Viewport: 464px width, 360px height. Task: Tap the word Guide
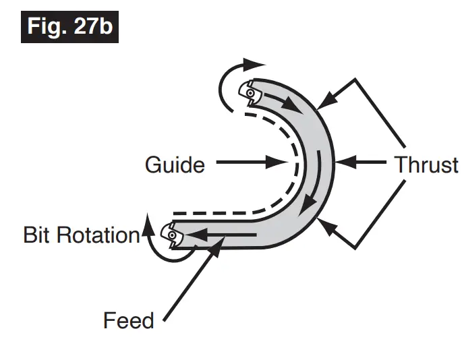coord(175,164)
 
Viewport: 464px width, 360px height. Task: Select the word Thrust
coord(427,164)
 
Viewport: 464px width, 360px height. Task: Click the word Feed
coord(128,320)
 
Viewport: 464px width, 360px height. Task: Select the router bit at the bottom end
coord(173,235)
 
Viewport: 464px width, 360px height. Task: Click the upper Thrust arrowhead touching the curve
coord(322,102)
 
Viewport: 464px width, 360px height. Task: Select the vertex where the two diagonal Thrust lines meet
coord(404,150)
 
